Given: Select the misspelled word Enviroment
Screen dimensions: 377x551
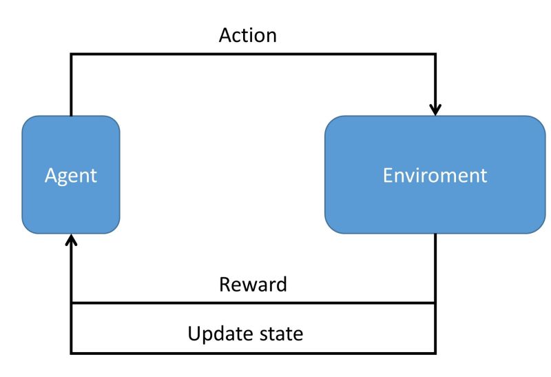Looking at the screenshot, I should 435,175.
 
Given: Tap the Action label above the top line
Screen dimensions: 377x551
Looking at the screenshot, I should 247,37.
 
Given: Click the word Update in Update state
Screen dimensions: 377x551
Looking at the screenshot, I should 219,336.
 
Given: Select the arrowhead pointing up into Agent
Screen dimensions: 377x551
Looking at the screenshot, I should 71,238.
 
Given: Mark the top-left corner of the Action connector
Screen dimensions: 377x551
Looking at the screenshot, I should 71,55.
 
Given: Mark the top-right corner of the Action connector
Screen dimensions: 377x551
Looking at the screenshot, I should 435,55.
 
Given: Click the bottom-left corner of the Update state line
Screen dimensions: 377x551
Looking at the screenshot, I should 71,353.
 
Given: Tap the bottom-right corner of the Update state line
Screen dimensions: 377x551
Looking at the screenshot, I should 435,353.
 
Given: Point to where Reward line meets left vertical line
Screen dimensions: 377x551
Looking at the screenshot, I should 71,303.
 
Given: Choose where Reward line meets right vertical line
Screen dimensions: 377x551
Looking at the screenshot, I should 435,303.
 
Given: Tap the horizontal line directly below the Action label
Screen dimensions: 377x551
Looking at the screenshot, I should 247,55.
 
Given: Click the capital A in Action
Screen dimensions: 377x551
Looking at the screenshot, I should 225,37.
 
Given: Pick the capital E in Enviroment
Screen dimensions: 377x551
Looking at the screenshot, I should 388,175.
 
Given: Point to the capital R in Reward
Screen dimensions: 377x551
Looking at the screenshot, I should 225,285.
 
